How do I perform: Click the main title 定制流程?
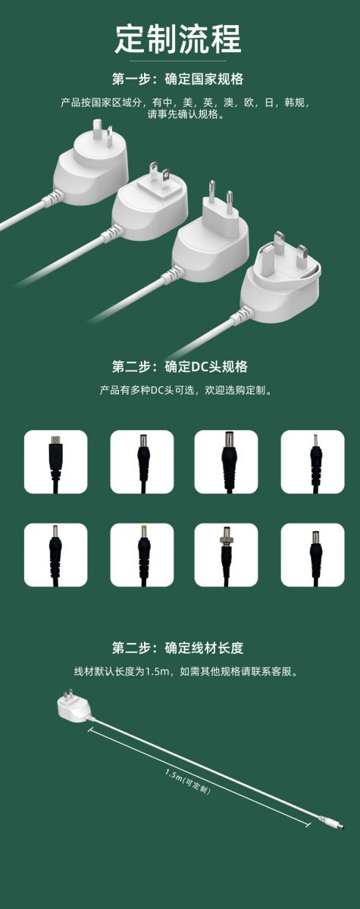click(178, 39)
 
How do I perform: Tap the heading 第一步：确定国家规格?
click(178, 79)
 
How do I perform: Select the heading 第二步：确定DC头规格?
click(180, 367)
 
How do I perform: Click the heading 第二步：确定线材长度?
click(178, 648)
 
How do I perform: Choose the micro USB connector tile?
click(55, 462)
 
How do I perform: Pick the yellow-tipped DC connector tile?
click(142, 554)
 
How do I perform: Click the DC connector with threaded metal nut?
click(226, 554)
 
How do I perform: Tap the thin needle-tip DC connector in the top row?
click(312, 462)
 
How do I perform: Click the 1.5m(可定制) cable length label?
click(188, 782)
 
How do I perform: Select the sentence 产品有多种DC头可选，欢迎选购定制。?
click(186, 390)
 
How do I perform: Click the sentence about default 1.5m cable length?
click(186, 672)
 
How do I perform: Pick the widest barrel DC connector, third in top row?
click(226, 462)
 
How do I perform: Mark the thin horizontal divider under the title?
click(178, 61)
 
